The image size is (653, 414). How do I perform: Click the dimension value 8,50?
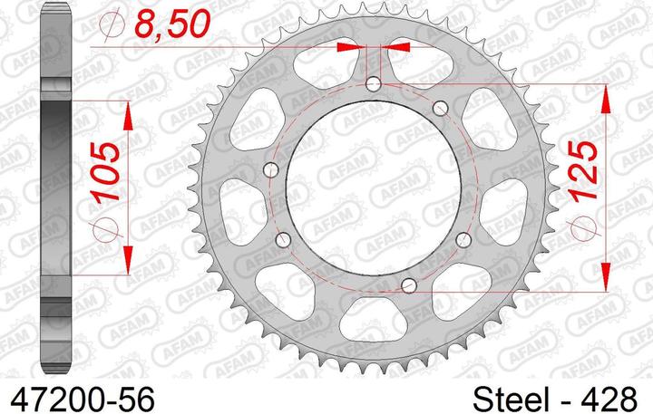171,24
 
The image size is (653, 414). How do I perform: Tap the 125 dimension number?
583,171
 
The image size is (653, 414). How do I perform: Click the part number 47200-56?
83,400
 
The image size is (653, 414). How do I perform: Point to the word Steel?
510,400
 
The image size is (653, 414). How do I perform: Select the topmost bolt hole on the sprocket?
373,84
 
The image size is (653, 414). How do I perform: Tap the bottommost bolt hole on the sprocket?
409,285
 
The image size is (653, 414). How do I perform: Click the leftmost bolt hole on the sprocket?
271,169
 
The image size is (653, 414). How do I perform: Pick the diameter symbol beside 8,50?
112,24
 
